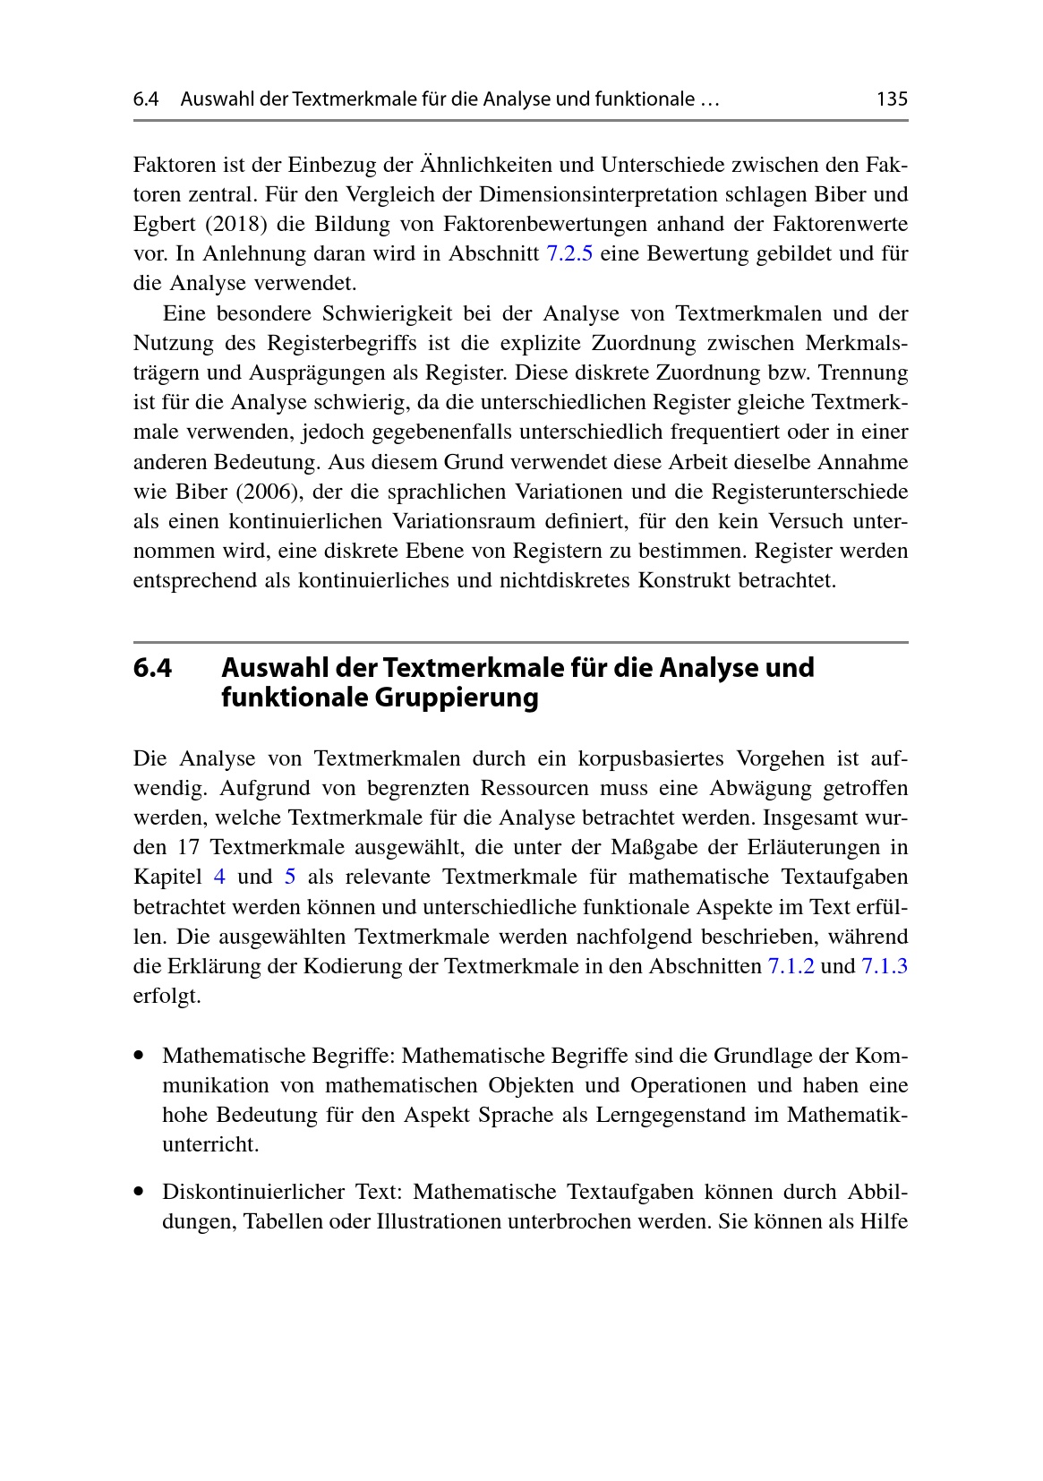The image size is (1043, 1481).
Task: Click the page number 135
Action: pyautogui.click(x=892, y=99)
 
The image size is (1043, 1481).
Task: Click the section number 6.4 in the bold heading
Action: pyautogui.click(x=152, y=668)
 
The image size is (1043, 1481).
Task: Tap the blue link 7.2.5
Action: pyautogui.click(x=569, y=254)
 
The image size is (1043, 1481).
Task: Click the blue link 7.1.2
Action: pyautogui.click(x=791, y=967)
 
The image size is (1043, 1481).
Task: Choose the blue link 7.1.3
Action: pyautogui.click(x=885, y=967)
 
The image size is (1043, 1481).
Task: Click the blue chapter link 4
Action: pyautogui.click(x=219, y=877)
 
